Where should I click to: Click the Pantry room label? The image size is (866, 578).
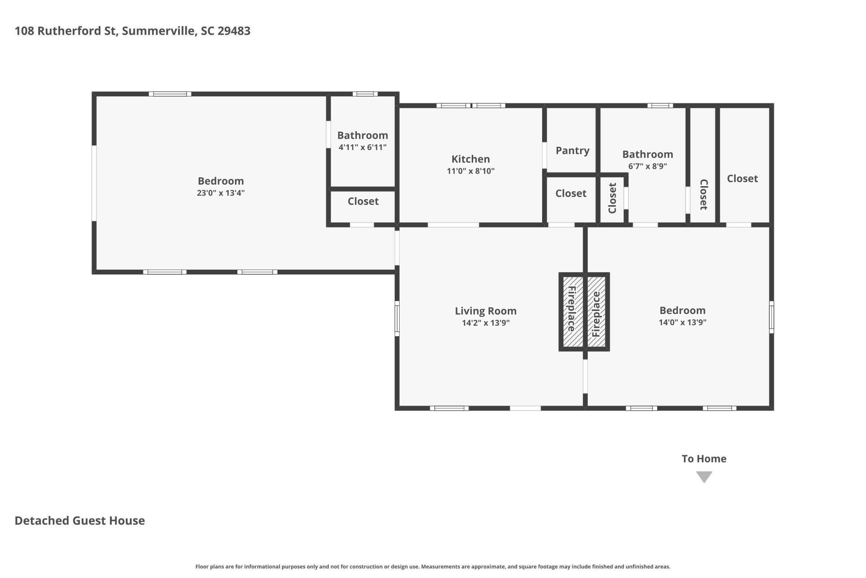pyautogui.click(x=572, y=151)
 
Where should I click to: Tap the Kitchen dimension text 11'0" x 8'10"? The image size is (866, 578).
pyautogui.click(x=470, y=171)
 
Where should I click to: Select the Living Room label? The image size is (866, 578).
pyautogui.click(x=485, y=311)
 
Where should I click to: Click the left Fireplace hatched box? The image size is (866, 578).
pyautogui.click(x=571, y=312)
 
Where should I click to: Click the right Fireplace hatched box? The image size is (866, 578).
pyautogui.click(x=596, y=312)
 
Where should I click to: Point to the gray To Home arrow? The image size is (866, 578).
pyautogui.click(x=704, y=477)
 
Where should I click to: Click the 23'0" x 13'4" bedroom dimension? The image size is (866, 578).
pyautogui.click(x=221, y=193)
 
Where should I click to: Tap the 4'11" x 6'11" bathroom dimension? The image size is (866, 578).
pyautogui.click(x=362, y=147)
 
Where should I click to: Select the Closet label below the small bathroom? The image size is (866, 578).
pyautogui.click(x=363, y=201)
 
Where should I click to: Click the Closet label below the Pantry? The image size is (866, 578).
pyautogui.click(x=571, y=193)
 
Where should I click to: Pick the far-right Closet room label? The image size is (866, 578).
pyautogui.click(x=742, y=178)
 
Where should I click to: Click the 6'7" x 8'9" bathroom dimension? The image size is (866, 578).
pyautogui.click(x=647, y=166)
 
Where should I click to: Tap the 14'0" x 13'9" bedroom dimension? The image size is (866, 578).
pyautogui.click(x=682, y=322)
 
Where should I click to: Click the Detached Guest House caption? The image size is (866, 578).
pyautogui.click(x=80, y=521)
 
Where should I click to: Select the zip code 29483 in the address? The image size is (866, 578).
pyautogui.click(x=234, y=31)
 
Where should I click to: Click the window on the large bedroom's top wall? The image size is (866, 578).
pyautogui.click(x=170, y=94)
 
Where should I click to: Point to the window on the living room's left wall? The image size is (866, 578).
pyautogui.click(x=397, y=318)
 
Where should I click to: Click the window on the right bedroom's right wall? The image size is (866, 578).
pyautogui.click(x=771, y=317)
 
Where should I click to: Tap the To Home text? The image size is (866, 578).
pyautogui.click(x=704, y=459)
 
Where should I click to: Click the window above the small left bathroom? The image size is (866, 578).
pyautogui.click(x=365, y=94)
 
